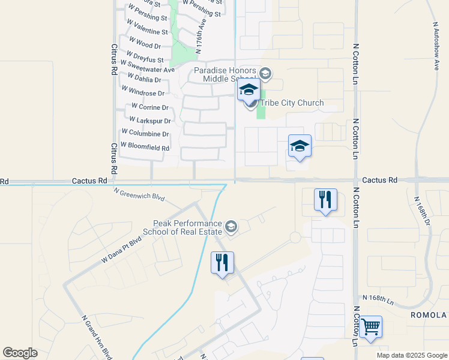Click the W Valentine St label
coord(147,31)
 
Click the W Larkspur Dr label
coord(145,121)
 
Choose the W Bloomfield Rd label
coord(145,146)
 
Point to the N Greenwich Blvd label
coord(139,193)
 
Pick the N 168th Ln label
coord(378,298)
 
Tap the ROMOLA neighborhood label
coord(429,315)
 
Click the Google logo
coord(20,353)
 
